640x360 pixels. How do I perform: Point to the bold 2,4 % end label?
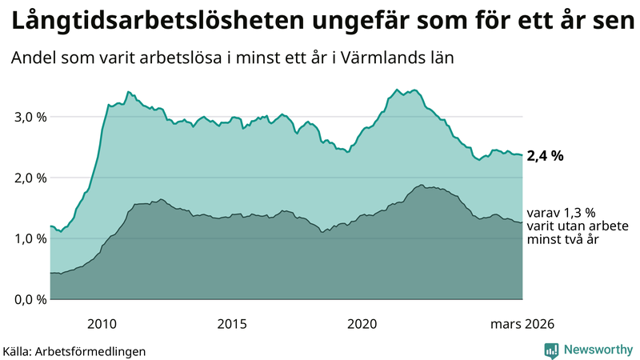tap(545, 156)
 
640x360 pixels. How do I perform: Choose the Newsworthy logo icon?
tap(551, 350)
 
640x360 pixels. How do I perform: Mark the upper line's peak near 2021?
tap(397, 89)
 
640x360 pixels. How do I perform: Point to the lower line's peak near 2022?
tap(420, 185)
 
